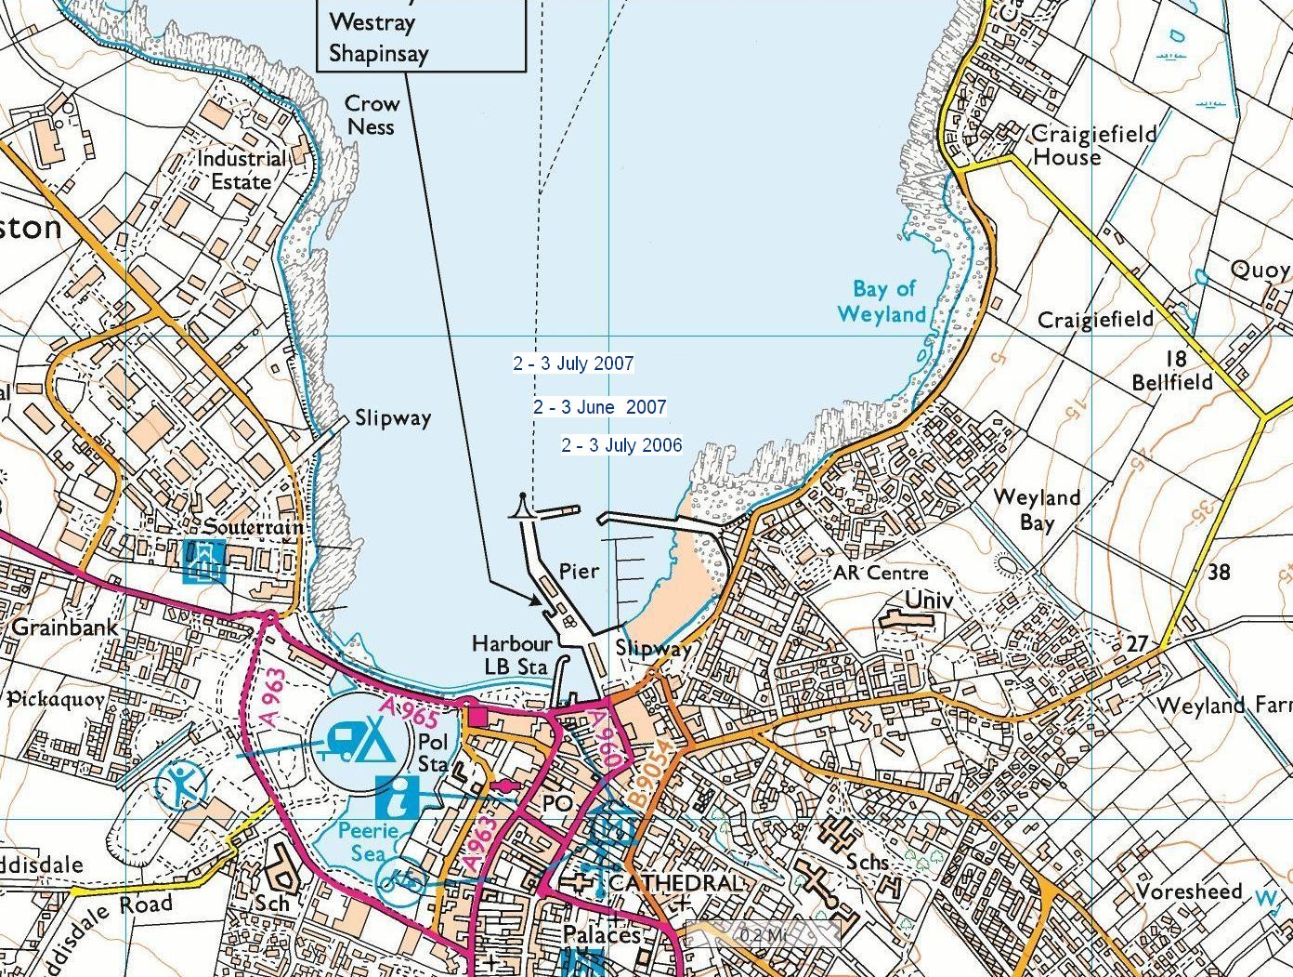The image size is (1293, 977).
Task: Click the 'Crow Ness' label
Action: [372, 115]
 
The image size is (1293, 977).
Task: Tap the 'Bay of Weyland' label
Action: [882, 301]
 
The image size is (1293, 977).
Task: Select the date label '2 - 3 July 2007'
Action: [573, 363]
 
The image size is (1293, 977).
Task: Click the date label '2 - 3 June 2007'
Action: [599, 407]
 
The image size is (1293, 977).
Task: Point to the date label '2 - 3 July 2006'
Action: [620, 445]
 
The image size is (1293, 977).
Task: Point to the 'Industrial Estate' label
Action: [241, 170]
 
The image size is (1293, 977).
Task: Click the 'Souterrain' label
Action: [253, 527]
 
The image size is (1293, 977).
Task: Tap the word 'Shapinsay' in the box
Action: [379, 53]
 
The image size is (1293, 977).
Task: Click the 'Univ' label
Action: [929, 601]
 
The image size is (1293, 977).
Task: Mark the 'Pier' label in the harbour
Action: [579, 571]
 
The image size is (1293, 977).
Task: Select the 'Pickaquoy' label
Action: [55, 698]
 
